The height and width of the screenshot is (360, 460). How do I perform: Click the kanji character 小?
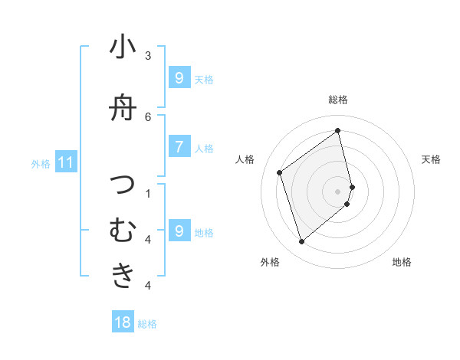click(x=123, y=48)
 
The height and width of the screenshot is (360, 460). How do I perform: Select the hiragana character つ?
click(x=123, y=185)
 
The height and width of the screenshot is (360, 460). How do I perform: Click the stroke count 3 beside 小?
click(x=148, y=55)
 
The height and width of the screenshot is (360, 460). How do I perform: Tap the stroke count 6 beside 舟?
click(x=148, y=116)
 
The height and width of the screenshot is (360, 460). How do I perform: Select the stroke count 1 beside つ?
click(x=148, y=193)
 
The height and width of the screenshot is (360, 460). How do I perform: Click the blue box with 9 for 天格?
click(x=179, y=77)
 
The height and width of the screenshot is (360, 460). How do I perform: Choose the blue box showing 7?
click(x=179, y=146)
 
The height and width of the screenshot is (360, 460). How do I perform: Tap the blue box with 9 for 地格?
click(x=179, y=231)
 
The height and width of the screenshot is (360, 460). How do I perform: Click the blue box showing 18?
click(x=123, y=322)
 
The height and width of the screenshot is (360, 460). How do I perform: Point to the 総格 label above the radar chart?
click(x=338, y=100)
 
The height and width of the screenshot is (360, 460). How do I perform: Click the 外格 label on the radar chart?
click(x=270, y=262)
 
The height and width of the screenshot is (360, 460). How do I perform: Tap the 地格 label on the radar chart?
click(x=402, y=262)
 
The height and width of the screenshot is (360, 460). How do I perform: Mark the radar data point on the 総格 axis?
click(x=338, y=130)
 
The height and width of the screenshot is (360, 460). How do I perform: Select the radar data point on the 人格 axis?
click(x=280, y=172)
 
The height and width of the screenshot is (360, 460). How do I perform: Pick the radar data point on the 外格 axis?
click(x=302, y=242)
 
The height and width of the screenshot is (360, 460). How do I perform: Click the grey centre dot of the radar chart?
click(x=338, y=191)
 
